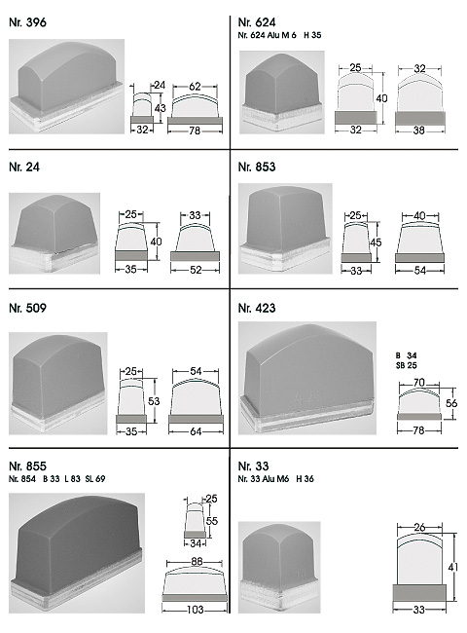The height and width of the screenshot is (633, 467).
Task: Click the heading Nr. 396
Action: (27, 22)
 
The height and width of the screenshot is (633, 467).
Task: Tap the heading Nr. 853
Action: (257, 167)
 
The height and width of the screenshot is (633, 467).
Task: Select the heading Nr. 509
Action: (27, 308)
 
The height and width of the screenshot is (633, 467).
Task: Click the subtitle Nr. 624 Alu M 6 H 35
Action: (279, 35)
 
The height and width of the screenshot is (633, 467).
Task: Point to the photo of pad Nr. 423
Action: (307, 378)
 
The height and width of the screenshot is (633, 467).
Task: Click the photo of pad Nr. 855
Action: (77, 553)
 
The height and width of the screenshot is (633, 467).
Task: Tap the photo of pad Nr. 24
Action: (54, 234)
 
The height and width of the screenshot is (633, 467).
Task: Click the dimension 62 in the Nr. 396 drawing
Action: (195, 86)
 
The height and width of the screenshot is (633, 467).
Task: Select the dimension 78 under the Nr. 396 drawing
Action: (195, 130)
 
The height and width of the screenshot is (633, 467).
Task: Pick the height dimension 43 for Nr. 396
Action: (161, 108)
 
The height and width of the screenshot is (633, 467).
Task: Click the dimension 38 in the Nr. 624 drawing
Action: (419, 130)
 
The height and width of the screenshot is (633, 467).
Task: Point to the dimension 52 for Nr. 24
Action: (196, 269)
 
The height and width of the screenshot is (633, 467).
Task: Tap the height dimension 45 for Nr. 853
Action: (376, 242)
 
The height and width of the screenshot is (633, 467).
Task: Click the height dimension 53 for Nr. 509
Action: (154, 401)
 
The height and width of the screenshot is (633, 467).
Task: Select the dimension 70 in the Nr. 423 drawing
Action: (419, 382)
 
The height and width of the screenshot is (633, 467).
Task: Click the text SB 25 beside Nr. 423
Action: (406, 365)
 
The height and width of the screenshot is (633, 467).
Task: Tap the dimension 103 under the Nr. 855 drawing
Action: (196, 610)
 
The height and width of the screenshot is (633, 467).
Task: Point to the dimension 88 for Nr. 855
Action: (197, 562)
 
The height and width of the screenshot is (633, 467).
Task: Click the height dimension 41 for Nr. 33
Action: (453, 567)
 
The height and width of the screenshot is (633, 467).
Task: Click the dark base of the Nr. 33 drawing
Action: (419, 592)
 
